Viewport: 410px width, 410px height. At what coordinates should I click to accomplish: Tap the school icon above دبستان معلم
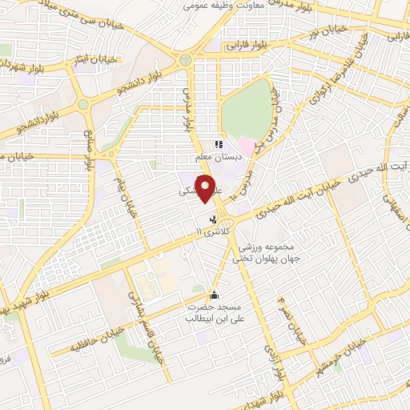219,145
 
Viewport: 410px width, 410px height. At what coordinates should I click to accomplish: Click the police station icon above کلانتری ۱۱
212,218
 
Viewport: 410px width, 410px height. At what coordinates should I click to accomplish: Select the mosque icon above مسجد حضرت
213,294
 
